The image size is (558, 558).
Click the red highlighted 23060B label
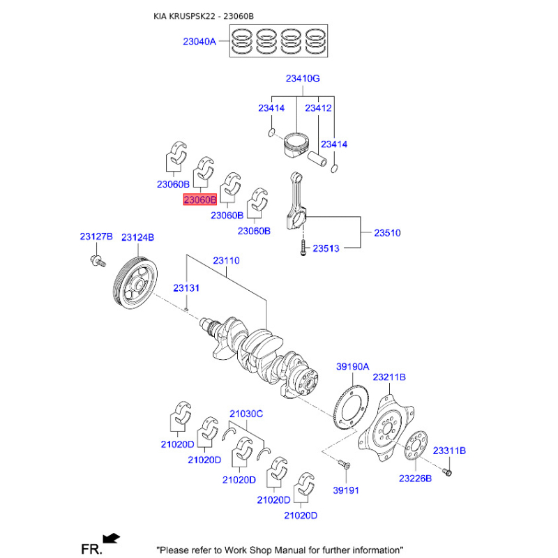click(200, 200)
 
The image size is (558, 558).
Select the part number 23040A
click(200, 42)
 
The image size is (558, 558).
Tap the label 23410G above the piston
click(302, 79)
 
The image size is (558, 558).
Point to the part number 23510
click(387, 233)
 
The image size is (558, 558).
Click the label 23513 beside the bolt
click(326, 248)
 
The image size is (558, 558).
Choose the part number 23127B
click(96, 238)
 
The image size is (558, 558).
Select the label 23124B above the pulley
click(137, 238)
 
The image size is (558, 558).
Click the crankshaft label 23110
click(226, 260)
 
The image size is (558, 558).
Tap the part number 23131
click(187, 287)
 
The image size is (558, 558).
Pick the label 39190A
click(353, 367)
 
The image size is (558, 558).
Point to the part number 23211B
click(389, 377)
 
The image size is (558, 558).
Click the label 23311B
click(449, 451)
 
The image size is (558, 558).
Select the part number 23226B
click(415, 478)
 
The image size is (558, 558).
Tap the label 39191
click(345, 490)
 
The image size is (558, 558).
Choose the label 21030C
click(246, 414)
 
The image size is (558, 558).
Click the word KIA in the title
click(162, 15)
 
